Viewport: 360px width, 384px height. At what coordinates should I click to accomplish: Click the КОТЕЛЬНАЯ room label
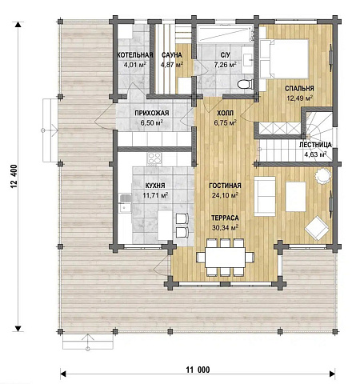135,55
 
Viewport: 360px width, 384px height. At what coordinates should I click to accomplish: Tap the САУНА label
172,55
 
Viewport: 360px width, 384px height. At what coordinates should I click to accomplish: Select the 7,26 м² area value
225,64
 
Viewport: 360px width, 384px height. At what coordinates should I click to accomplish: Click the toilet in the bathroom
245,84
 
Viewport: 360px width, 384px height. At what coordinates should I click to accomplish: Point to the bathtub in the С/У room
226,34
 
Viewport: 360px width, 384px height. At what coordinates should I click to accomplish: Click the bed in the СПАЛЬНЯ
285,58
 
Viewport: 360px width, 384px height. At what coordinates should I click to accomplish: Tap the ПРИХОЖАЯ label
152,113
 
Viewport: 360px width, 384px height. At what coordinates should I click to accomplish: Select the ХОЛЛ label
225,113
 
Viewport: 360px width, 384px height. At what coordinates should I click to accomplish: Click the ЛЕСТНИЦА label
315,145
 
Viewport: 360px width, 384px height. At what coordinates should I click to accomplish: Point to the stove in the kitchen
154,159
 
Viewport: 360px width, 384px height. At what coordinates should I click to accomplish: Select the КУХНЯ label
155,186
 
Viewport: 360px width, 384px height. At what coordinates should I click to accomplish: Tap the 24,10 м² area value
225,195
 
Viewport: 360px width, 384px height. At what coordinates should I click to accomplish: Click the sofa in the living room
265,196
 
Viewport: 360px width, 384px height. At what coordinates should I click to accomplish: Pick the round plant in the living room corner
323,176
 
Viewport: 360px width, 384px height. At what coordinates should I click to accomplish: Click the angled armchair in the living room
317,228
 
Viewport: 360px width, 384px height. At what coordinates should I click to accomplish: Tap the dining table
225,258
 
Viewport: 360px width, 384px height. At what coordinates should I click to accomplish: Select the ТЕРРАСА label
225,218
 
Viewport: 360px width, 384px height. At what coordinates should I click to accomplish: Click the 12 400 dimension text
14,176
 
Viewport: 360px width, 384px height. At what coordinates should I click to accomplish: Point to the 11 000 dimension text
198,370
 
